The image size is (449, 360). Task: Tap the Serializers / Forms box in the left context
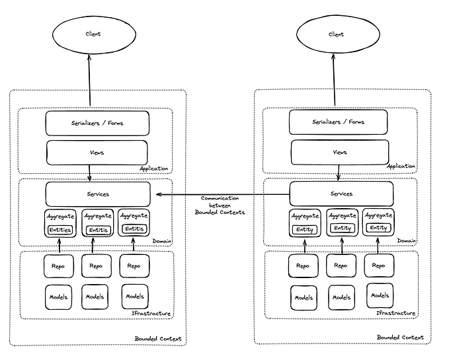(x=97, y=123)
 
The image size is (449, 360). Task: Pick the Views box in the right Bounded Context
(x=340, y=152)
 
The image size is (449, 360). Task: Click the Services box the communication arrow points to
(x=97, y=194)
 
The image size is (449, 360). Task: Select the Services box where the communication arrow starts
(x=341, y=194)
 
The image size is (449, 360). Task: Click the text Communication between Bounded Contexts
(x=220, y=205)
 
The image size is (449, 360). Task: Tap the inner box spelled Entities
(x=60, y=229)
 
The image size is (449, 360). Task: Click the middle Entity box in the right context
(x=342, y=228)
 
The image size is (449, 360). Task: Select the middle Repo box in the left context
(x=97, y=266)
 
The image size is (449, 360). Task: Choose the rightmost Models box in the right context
(x=380, y=295)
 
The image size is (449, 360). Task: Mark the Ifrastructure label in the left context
(x=153, y=313)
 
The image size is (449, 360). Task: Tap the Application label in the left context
(x=154, y=168)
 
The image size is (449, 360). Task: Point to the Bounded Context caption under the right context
(x=401, y=337)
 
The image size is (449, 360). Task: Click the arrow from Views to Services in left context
(x=89, y=172)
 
